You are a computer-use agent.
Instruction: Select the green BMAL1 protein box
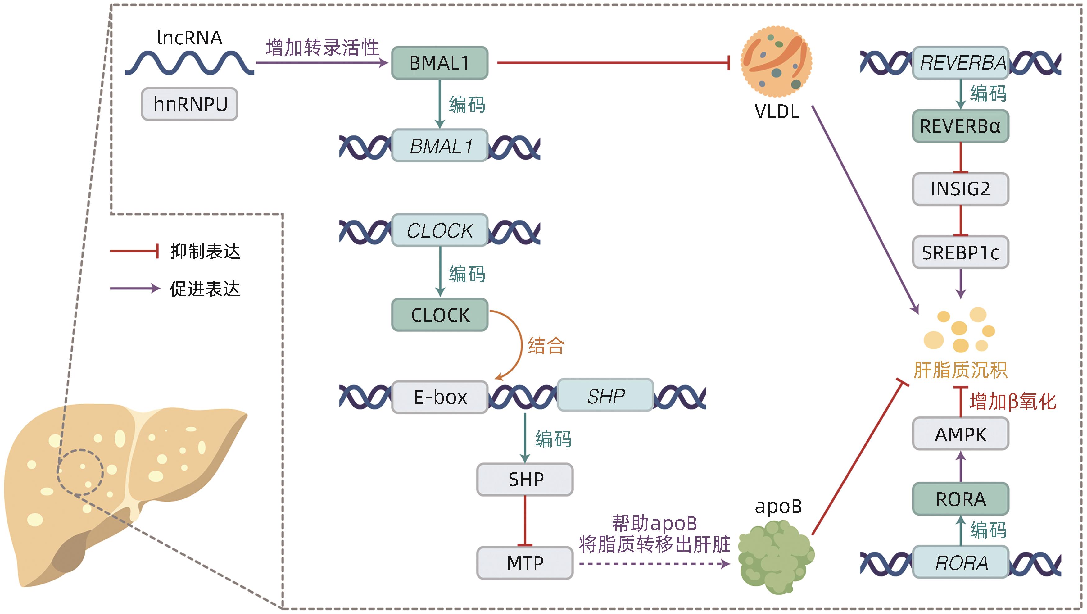click(440, 63)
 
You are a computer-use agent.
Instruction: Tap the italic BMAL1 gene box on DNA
click(440, 146)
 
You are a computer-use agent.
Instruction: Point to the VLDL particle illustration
click(777, 62)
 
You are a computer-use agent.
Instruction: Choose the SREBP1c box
click(960, 252)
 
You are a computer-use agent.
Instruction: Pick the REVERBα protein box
click(960, 126)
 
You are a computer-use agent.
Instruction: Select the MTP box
click(525, 563)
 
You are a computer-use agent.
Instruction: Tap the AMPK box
click(960, 434)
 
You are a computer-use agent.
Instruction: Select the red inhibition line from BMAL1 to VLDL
click(612, 63)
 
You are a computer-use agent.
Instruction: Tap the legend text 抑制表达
click(205, 252)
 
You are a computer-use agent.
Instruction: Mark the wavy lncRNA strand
click(189, 63)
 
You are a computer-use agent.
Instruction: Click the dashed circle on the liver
click(80, 472)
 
